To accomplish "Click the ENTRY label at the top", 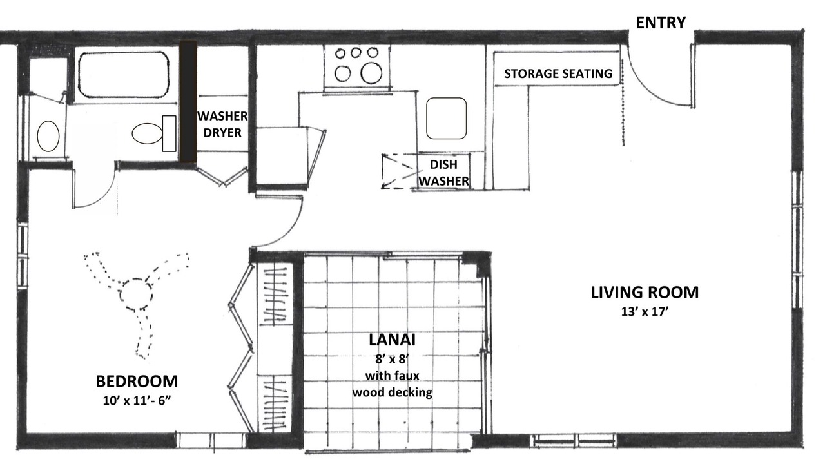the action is point(661,23).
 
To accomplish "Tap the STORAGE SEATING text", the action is point(558,73).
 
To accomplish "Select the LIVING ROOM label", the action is point(645,293).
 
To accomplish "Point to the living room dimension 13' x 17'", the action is point(645,312).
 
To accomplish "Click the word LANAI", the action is point(392,340).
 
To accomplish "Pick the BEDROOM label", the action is point(137,382).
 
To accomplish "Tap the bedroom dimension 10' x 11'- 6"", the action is point(137,401).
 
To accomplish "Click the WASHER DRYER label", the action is point(222,124).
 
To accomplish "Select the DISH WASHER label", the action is point(443,173).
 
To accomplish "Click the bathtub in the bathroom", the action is point(123,74).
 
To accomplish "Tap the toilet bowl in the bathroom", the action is point(148,133).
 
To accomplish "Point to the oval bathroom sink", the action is point(48,136).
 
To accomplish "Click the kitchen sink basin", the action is point(447,118).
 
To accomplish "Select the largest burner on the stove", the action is point(371,73).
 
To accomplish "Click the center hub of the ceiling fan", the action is point(135,295).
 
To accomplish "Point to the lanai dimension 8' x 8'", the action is point(393,359).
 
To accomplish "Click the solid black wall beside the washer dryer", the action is point(188,102).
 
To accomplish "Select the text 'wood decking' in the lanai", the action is point(393,392).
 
